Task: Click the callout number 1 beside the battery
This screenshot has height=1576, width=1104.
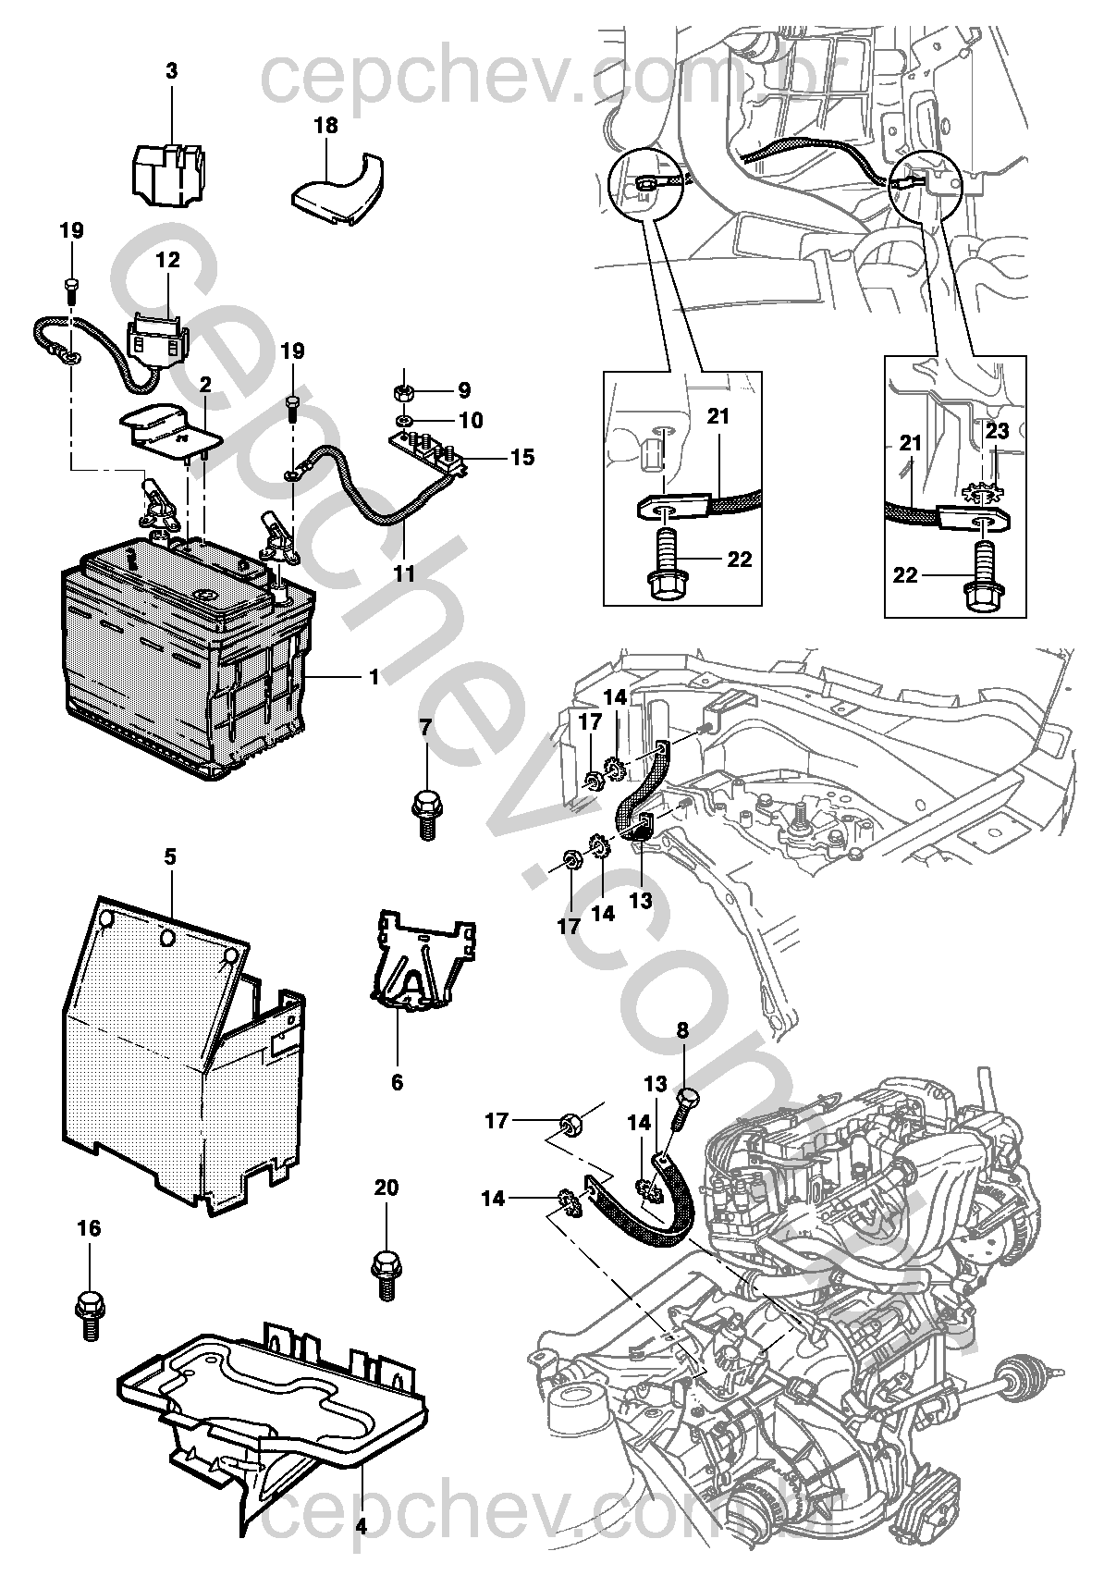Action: (x=374, y=677)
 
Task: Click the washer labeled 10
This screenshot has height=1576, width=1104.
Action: (x=405, y=421)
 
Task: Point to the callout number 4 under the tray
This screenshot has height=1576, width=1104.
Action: (x=361, y=1542)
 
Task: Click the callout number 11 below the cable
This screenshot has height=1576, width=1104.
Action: (x=404, y=573)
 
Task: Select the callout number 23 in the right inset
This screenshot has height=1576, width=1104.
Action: (x=997, y=430)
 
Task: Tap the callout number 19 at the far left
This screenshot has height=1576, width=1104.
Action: (x=72, y=230)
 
